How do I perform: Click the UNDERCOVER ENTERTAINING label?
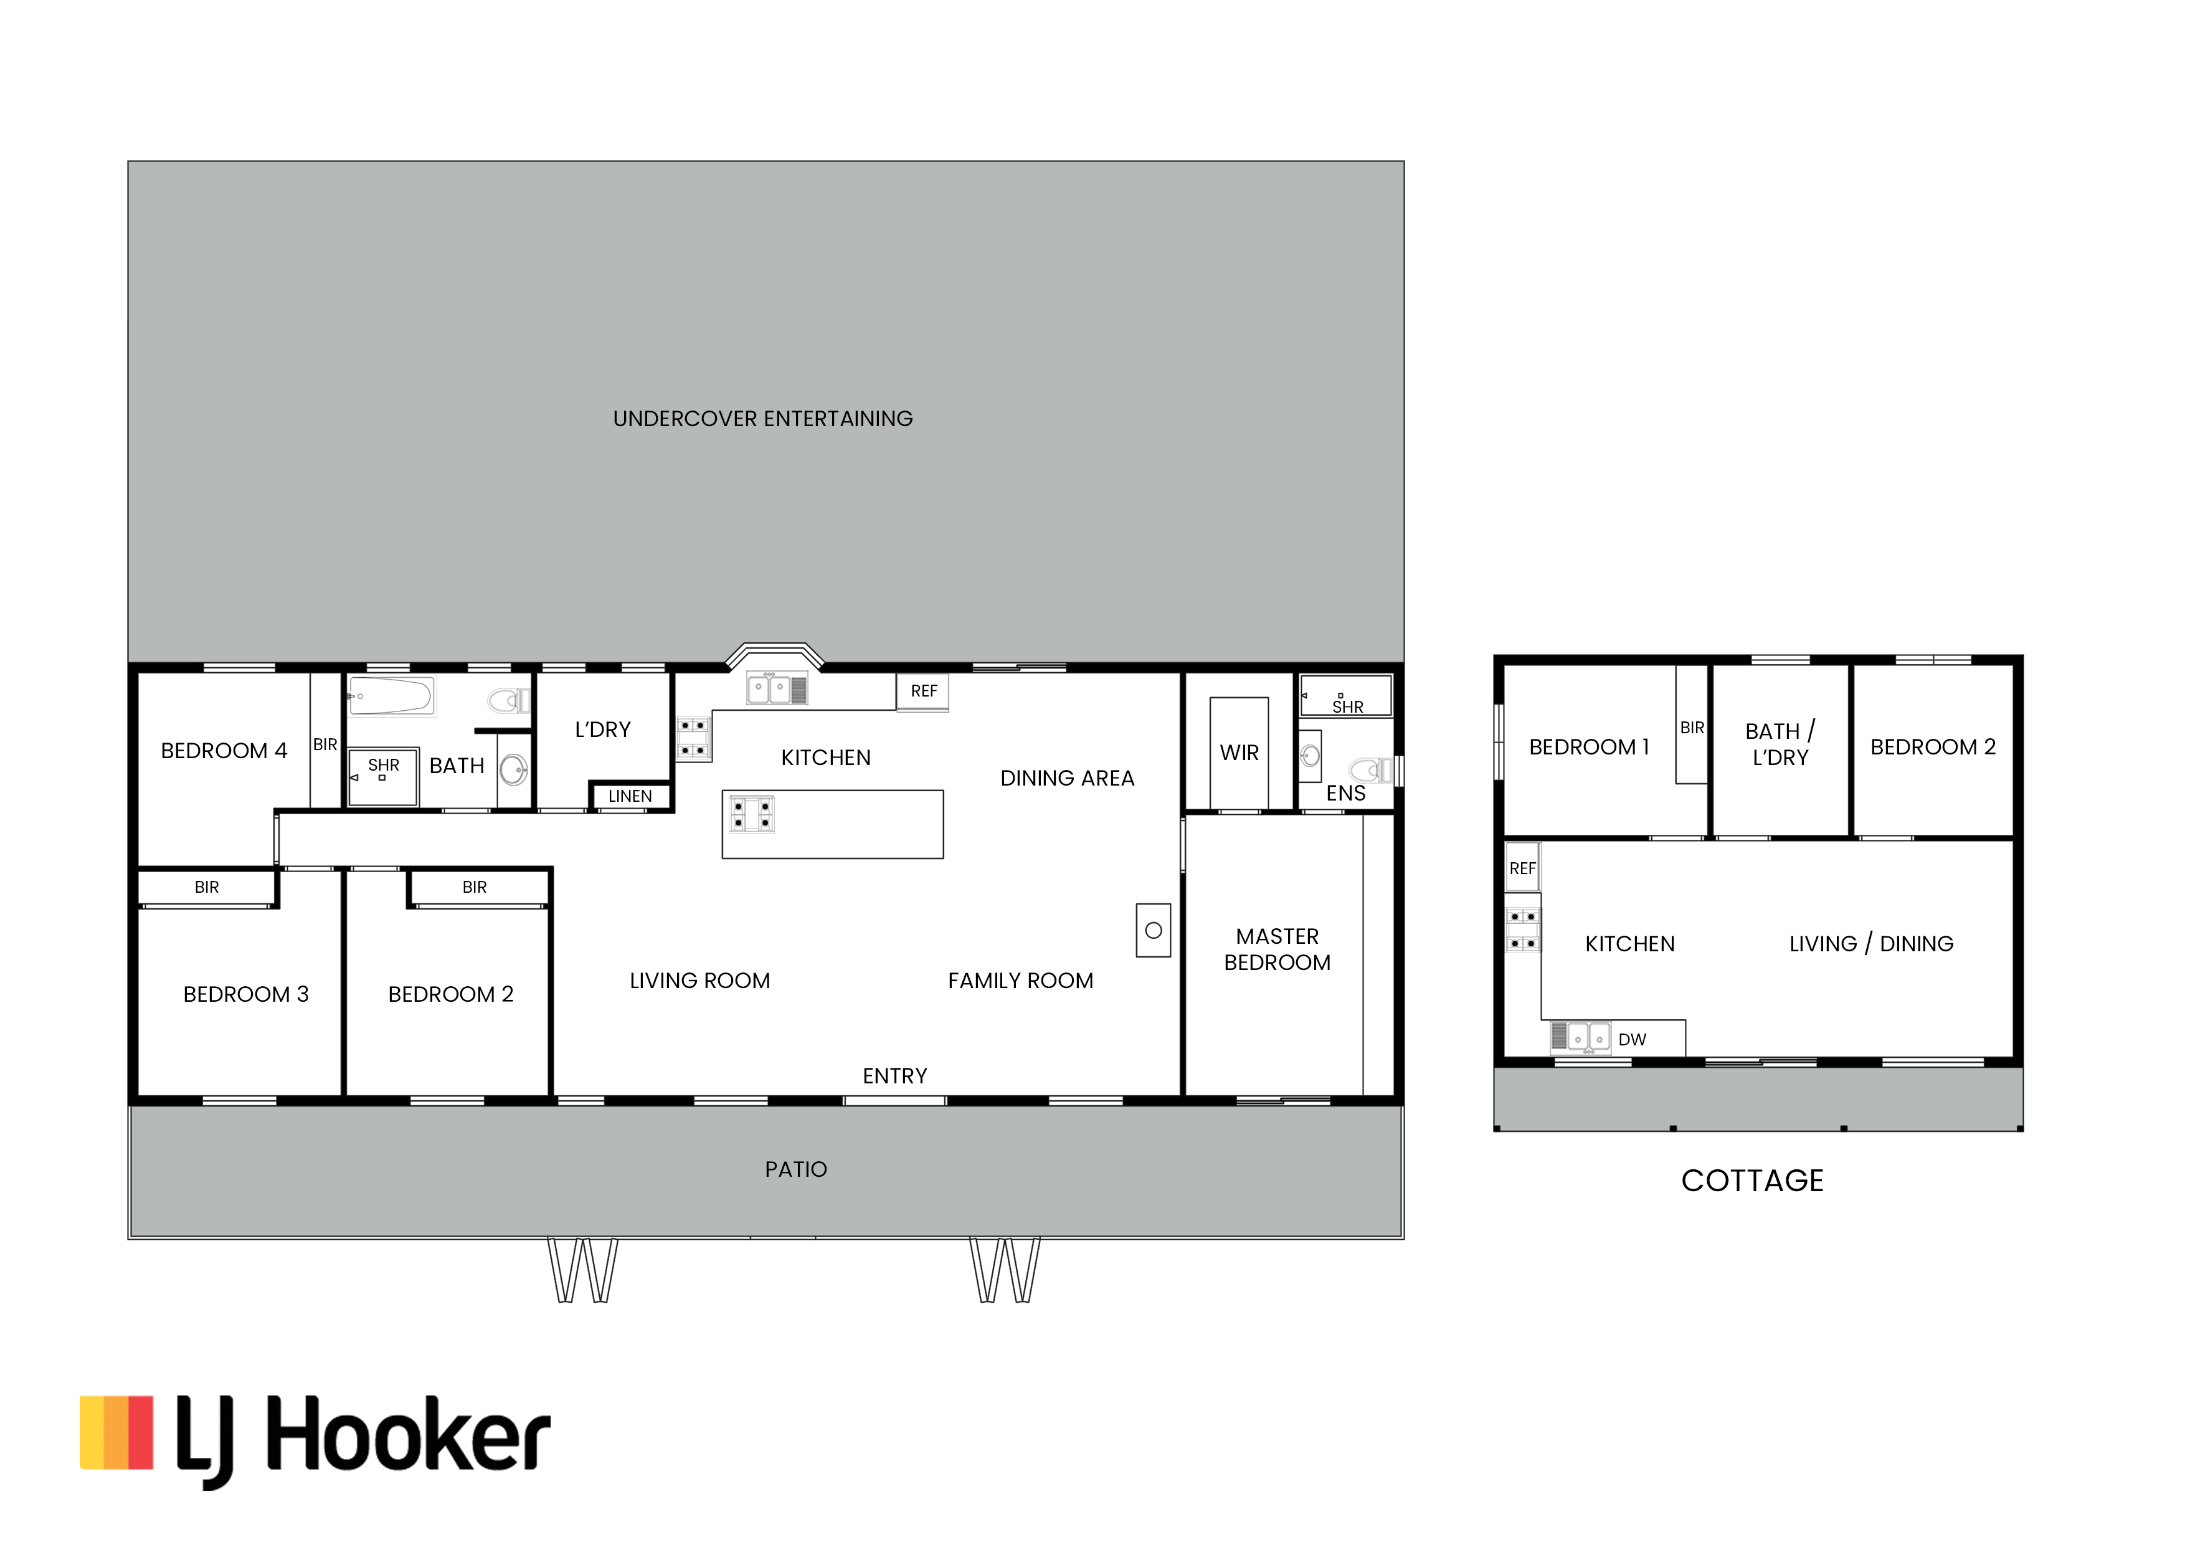click(x=762, y=419)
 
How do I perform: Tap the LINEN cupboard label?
click(x=630, y=796)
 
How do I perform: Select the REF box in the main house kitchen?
click(x=923, y=691)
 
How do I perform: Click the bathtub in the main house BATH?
click(x=391, y=696)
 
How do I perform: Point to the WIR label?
click(x=1239, y=753)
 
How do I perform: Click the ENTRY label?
click(x=894, y=1076)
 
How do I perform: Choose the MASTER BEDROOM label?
click(x=1277, y=949)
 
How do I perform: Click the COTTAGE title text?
click(x=1752, y=1181)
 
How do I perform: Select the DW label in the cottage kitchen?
click(x=1632, y=1040)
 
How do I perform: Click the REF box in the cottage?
click(x=1522, y=868)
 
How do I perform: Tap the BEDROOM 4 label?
click(x=224, y=751)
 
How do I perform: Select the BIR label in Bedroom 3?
click(x=207, y=887)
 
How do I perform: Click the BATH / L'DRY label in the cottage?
click(x=1780, y=744)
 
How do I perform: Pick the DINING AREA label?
click(x=1067, y=779)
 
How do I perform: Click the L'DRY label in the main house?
click(x=602, y=730)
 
